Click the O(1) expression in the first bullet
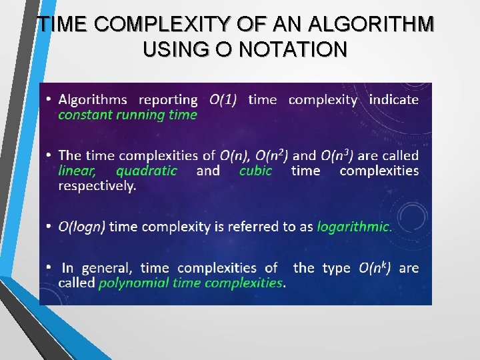223,100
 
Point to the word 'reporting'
168,100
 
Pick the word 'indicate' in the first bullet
393,100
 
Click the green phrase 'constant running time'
127,115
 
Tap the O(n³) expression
337,155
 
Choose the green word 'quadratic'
146,171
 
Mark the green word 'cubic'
256,171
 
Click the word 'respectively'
97,186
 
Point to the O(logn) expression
81,227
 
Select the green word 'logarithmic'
353,227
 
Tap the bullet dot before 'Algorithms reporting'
49,100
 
